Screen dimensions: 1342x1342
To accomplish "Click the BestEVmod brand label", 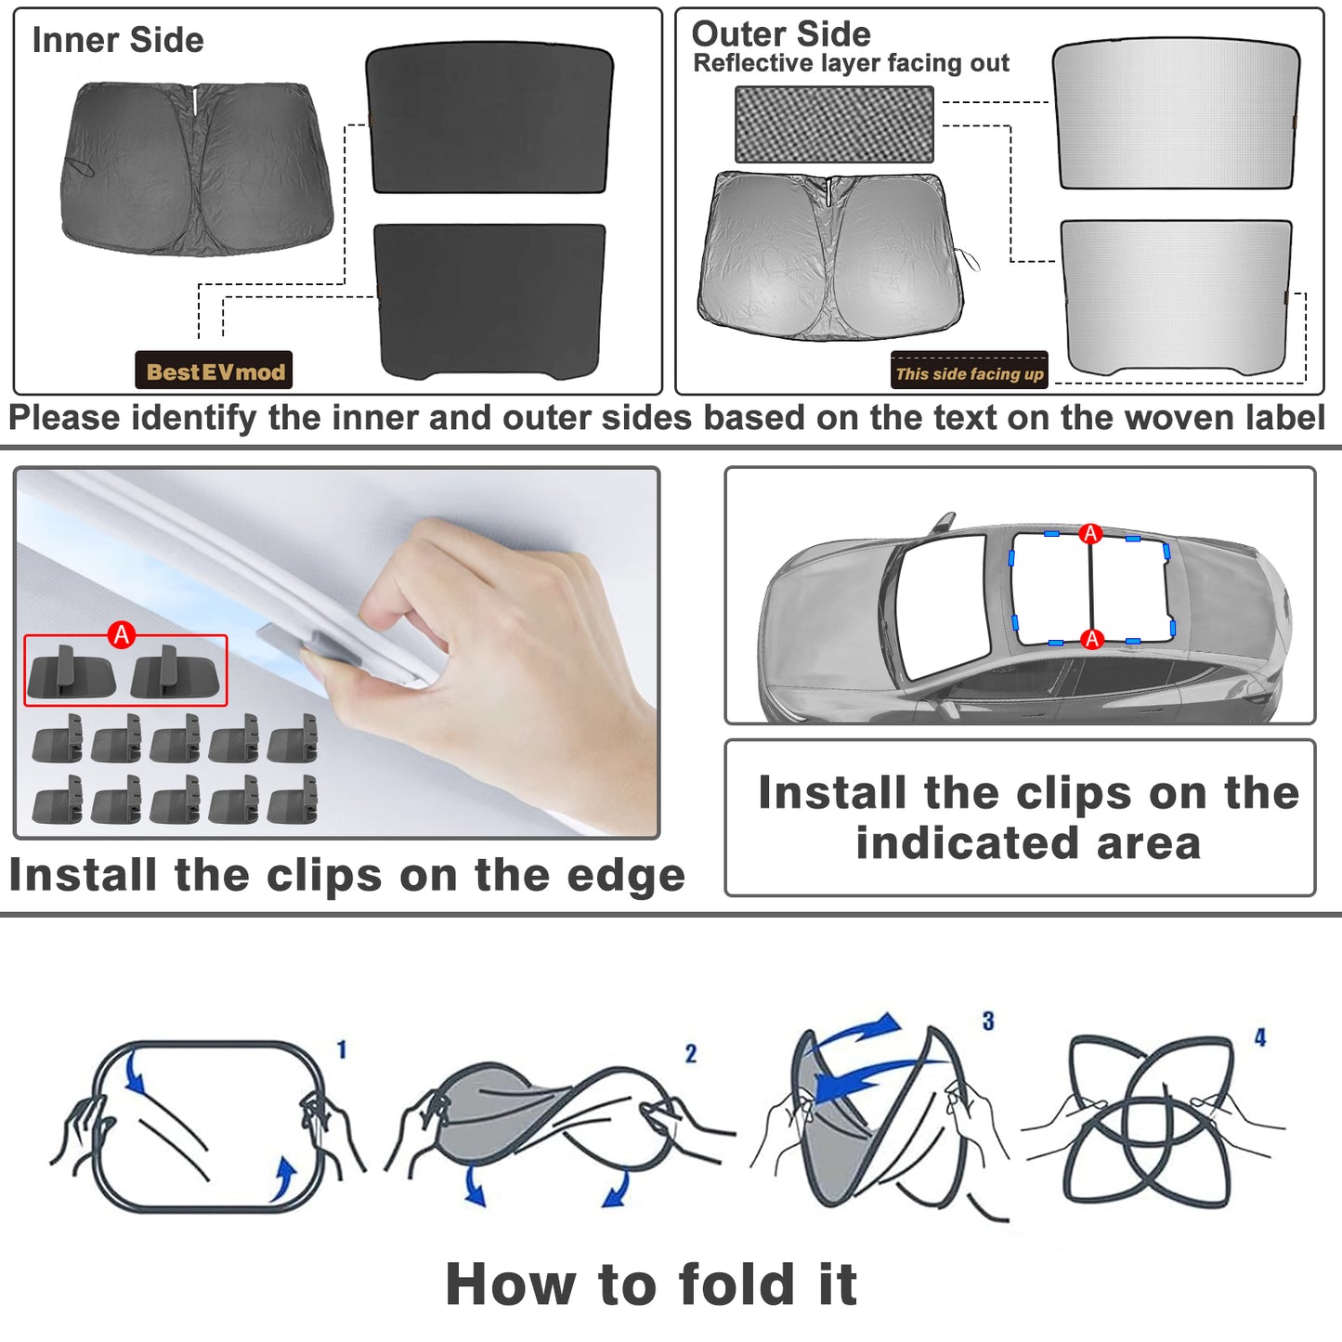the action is [214, 370].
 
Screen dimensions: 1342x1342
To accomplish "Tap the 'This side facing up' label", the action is [969, 370].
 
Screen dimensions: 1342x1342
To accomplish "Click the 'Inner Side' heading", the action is [118, 40].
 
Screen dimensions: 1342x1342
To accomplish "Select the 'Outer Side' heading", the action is [781, 34].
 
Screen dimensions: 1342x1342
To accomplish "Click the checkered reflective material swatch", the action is [834, 124].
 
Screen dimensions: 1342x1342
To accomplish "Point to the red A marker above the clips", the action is [122, 634].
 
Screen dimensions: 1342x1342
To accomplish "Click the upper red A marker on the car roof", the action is [1090, 533].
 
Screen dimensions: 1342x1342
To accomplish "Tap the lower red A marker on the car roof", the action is [1092, 638].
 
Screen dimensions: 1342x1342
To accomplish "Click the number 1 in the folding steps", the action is [342, 1049].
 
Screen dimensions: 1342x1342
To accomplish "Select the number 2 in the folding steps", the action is [690, 1054].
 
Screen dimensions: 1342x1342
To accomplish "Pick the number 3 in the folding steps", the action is [988, 1021].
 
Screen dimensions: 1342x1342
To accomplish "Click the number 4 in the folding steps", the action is [1260, 1037].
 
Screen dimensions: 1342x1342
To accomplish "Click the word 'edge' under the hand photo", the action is [625, 876].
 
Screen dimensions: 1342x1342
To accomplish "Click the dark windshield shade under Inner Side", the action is [197, 168].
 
